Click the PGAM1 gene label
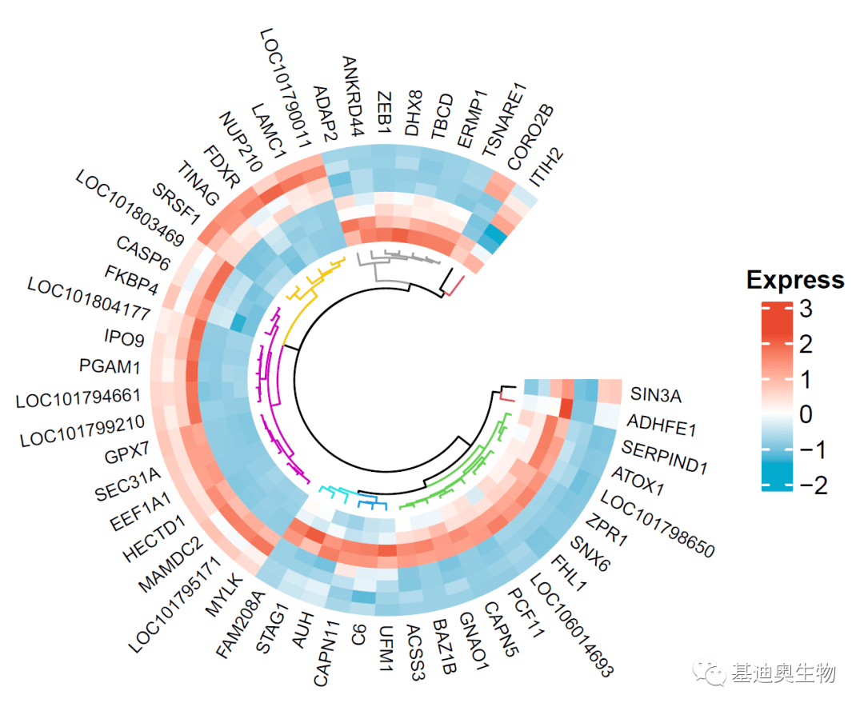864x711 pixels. point(110,367)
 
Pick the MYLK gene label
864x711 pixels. point(223,594)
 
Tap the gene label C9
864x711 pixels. point(358,637)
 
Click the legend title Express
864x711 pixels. point(794,280)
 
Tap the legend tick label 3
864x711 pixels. point(805,310)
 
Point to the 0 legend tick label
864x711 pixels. point(805,414)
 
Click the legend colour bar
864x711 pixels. point(776,397)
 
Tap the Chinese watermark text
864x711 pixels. point(782,673)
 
